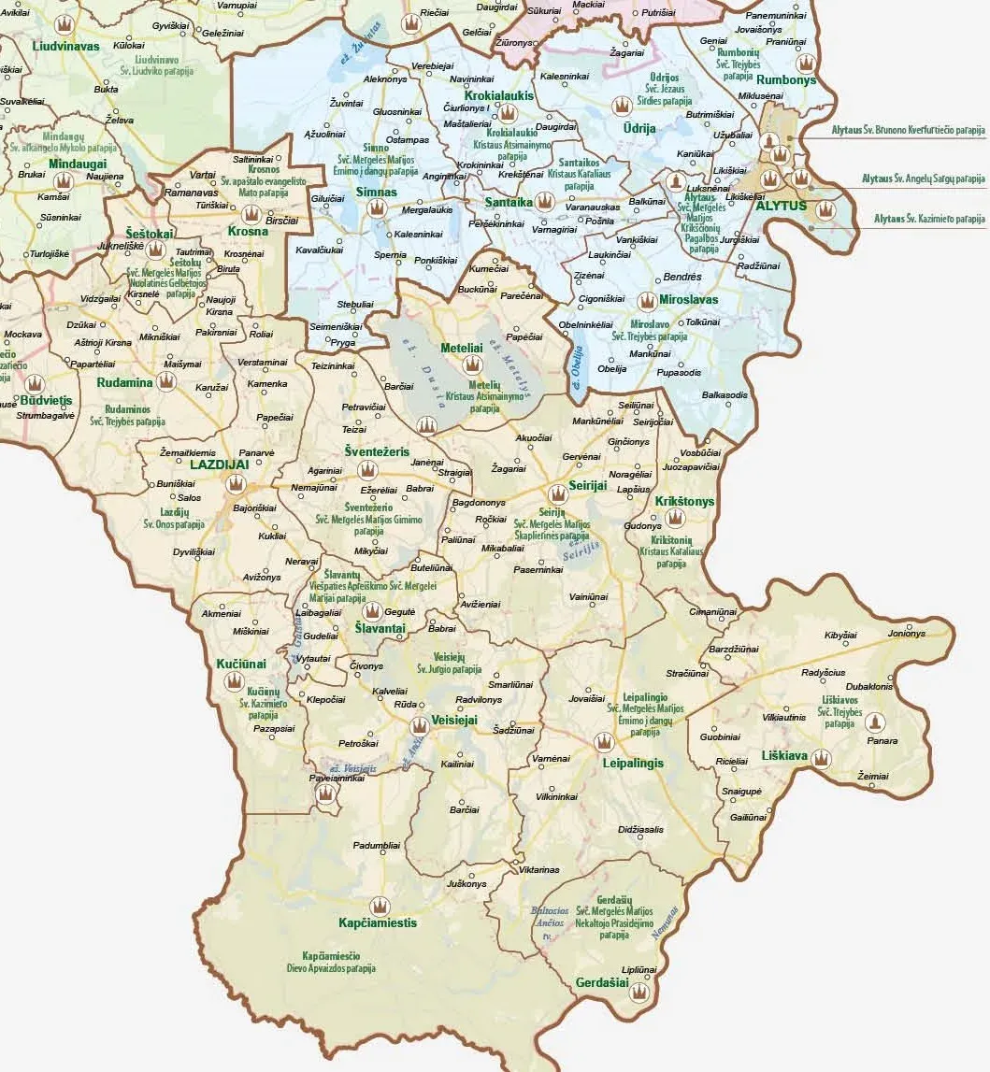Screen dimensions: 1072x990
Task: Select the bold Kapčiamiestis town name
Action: tap(378, 922)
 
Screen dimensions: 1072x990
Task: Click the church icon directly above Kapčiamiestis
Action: tap(379, 905)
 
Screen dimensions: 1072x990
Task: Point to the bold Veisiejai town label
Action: tap(454, 721)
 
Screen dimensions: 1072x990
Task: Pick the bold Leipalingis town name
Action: tap(632, 763)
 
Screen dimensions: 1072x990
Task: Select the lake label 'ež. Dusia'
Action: tap(428, 384)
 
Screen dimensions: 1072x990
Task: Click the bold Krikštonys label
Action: tap(684, 502)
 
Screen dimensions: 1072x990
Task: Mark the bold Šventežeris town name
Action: tap(377, 451)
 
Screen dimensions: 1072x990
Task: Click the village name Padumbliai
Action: tap(377, 845)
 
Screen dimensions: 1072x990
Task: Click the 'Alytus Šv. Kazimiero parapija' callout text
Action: tap(929, 219)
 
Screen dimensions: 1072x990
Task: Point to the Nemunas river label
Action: tap(665, 921)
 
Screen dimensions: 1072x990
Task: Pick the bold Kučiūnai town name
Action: tap(241, 664)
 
